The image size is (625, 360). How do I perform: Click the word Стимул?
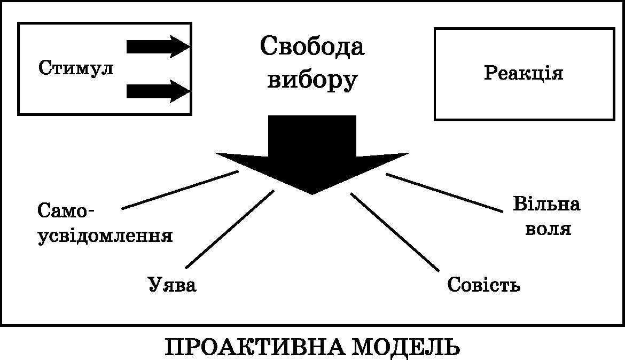[x=76, y=68]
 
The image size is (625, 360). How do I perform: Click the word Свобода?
[x=312, y=47]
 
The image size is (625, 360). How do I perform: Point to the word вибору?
[x=312, y=80]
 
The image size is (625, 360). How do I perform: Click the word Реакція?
[x=524, y=73]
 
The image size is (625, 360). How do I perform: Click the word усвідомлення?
[x=105, y=236]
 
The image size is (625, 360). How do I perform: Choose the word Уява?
[x=172, y=285]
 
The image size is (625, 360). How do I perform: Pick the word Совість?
[x=483, y=285]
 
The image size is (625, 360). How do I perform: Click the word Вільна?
[x=546, y=205]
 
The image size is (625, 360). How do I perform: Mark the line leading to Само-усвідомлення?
[x=179, y=190]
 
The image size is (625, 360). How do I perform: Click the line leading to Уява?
[x=229, y=229]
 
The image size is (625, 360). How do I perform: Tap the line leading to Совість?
[x=395, y=231]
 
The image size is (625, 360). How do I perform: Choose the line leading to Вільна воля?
[x=444, y=193]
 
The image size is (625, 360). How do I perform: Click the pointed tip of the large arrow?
[x=312, y=192]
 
